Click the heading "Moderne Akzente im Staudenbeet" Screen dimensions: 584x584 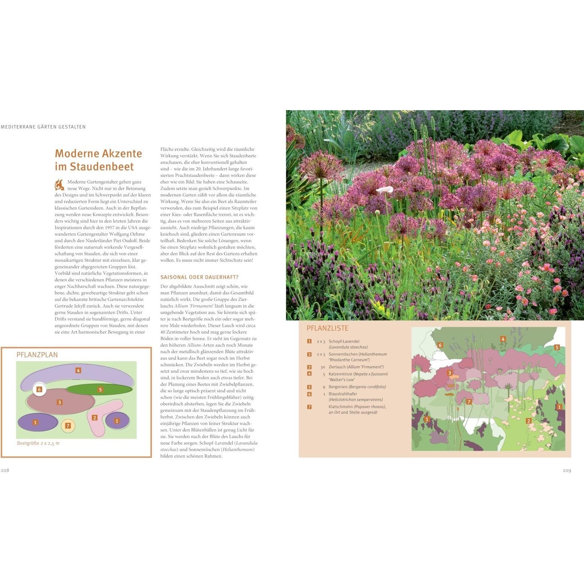[99, 160]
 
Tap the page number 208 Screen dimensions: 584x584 [5, 470]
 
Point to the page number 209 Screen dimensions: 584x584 [567, 470]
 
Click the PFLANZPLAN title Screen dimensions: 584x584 [37, 355]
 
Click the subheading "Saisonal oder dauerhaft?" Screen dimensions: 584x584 [199, 277]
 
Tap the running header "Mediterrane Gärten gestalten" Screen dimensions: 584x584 [43, 127]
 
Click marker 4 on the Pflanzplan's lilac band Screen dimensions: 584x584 [78, 370]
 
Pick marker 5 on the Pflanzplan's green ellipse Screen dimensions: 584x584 [100, 390]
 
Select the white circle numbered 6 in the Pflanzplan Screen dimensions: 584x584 [39, 390]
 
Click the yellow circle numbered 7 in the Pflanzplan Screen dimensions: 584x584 [68, 426]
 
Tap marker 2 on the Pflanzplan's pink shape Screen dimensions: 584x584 [95, 417]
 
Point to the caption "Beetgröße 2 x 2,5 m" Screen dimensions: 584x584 [38, 443]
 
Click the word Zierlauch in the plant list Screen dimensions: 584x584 [337, 367]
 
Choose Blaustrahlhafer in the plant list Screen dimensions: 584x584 [343, 394]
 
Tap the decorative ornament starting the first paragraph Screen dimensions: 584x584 [60, 185]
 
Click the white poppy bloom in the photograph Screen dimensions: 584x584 [385, 190]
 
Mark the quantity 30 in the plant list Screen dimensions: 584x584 [323, 367]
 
